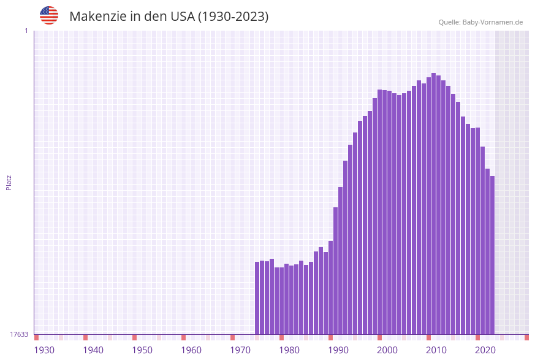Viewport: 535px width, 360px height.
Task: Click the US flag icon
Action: (49, 15)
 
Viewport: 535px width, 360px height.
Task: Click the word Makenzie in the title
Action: (97, 17)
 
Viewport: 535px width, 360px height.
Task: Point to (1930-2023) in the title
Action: (233, 17)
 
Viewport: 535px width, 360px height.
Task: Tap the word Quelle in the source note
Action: (449, 23)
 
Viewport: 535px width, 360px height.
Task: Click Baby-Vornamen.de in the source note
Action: (493, 23)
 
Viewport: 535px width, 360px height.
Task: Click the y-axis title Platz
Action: (9, 182)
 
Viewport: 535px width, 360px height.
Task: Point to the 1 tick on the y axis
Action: (26, 31)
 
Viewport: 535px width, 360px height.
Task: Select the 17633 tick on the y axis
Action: (19, 334)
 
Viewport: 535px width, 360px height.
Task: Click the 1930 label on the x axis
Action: (44, 350)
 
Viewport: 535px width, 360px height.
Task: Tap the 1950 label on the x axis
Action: (142, 350)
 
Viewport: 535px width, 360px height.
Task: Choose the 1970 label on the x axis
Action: (240, 350)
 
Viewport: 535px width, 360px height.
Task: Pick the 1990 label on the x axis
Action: (338, 350)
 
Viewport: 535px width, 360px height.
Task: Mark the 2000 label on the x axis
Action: (387, 350)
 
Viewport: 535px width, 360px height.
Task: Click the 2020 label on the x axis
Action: (485, 350)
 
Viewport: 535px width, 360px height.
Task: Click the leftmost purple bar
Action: (257, 298)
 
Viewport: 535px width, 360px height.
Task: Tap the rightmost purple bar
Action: (492, 255)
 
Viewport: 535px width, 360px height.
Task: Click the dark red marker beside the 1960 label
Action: (183, 337)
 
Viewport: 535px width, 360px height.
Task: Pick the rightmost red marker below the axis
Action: (526, 337)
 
